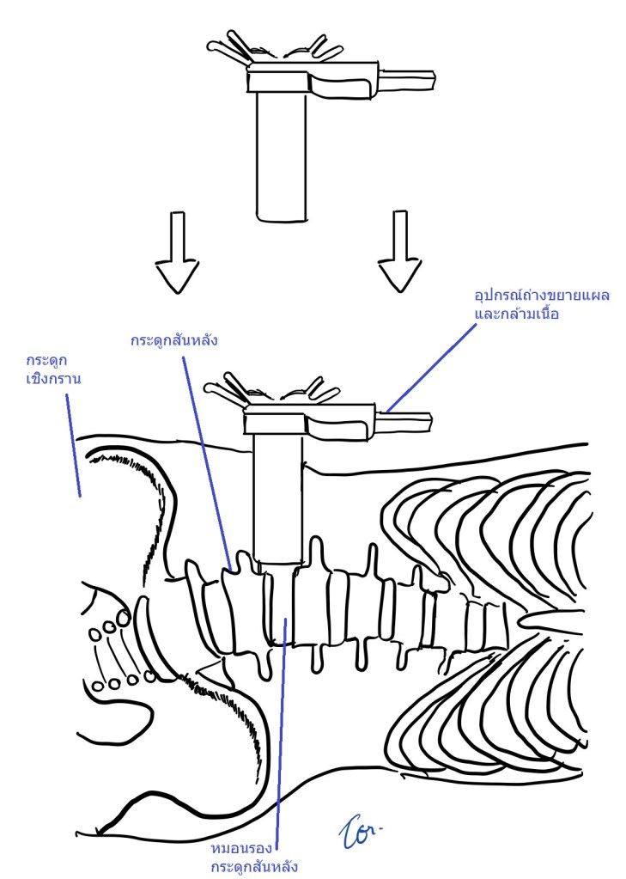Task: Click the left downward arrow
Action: (176, 253)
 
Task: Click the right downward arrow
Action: (399, 253)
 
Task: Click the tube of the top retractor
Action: (281, 155)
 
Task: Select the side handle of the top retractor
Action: (408, 81)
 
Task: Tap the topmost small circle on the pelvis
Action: (125, 616)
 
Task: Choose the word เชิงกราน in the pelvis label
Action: (53, 376)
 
